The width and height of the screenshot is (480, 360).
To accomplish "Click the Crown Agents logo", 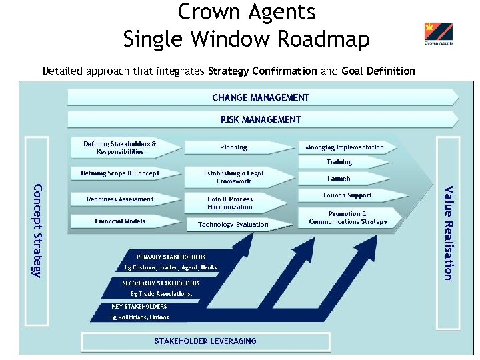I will pyautogui.click(x=438, y=34).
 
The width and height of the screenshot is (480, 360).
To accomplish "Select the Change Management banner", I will pyautogui.click(x=261, y=97).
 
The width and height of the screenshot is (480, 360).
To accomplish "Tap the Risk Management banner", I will pyautogui.click(x=261, y=119).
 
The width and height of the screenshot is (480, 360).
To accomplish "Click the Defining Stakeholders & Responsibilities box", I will pyautogui.click(x=120, y=147).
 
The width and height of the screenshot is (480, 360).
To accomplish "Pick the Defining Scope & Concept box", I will pyautogui.click(x=120, y=173).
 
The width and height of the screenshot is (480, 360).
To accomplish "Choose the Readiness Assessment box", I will pyautogui.click(x=120, y=199).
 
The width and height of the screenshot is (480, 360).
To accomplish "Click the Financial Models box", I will pyautogui.click(x=120, y=221).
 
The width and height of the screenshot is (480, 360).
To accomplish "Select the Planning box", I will pyautogui.click(x=233, y=147).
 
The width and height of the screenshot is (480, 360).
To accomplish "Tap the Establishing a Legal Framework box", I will pyautogui.click(x=233, y=177).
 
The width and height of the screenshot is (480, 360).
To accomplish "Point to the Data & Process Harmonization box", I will pyautogui.click(x=230, y=203).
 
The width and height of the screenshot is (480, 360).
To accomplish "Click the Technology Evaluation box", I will pyautogui.click(x=233, y=225).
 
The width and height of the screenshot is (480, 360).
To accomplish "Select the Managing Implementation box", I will pyautogui.click(x=345, y=147).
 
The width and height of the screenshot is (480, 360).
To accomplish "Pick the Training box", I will pyautogui.click(x=339, y=162).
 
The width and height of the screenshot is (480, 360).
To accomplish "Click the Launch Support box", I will pyautogui.click(x=347, y=195).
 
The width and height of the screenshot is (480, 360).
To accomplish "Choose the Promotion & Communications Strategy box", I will pyautogui.click(x=347, y=218).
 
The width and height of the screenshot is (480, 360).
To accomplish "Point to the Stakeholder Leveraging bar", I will pyautogui.click(x=205, y=341).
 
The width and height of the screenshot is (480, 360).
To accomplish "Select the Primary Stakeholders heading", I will pyautogui.click(x=171, y=257).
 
